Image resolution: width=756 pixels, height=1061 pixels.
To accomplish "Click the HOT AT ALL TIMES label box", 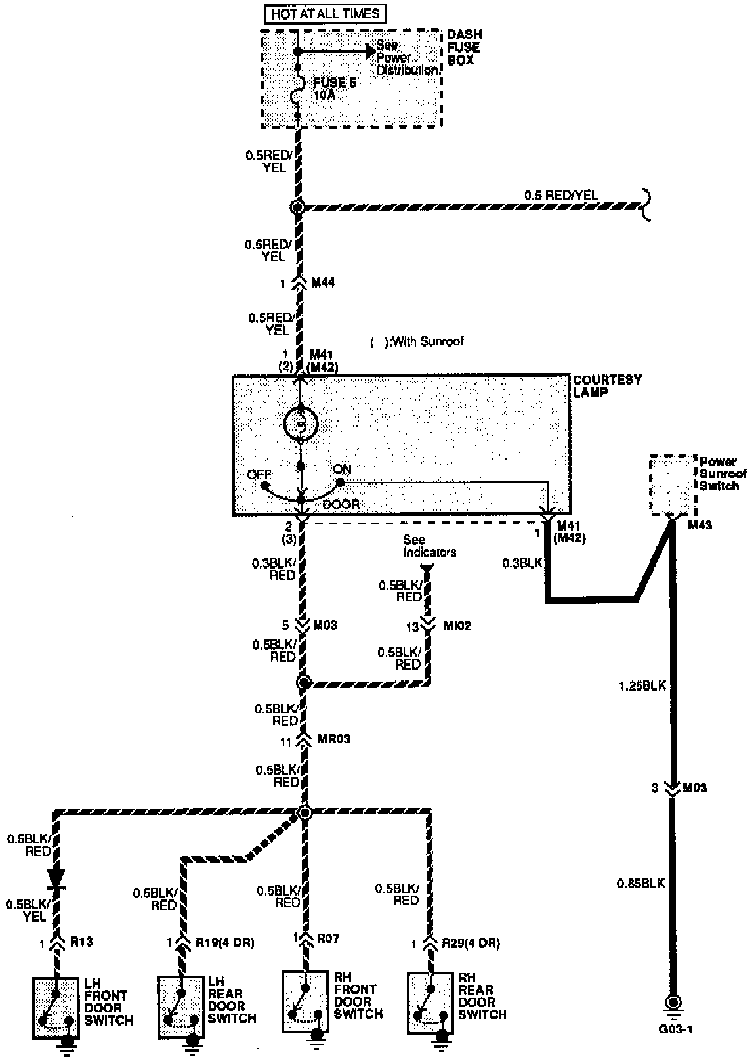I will pyautogui.click(x=325, y=14).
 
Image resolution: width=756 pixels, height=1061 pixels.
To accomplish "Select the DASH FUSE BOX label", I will pyautogui.click(x=464, y=47).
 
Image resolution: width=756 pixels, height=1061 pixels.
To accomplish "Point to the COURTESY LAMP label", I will pyautogui.click(x=598, y=385).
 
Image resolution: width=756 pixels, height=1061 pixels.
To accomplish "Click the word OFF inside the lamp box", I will pyautogui.click(x=259, y=475).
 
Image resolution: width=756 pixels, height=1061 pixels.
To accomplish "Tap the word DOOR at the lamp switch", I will pyautogui.click(x=341, y=505).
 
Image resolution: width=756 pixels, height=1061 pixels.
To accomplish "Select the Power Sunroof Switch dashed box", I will pyautogui.click(x=672, y=485).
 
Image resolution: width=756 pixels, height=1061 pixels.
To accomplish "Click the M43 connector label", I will pyautogui.click(x=700, y=525).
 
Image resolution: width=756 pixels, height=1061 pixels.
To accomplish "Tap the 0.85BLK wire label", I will pyautogui.click(x=642, y=883).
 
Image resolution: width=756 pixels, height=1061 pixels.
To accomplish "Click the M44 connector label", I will pyautogui.click(x=323, y=283).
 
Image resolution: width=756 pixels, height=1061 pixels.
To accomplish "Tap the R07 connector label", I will pyautogui.click(x=327, y=938).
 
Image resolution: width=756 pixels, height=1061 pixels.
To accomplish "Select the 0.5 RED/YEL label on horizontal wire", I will pyautogui.click(x=560, y=195).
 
